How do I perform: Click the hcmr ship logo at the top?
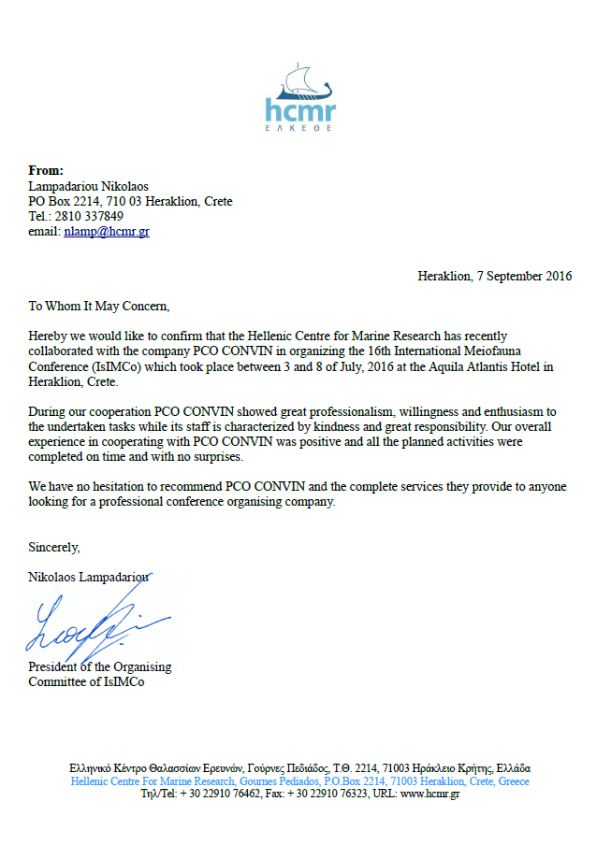tap(299, 96)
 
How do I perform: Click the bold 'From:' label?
tap(46, 171)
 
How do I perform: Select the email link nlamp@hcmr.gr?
tap(107, 232)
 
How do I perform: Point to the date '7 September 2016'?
tap(525, 276)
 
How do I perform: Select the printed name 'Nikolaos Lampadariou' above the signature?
tap(89, 577)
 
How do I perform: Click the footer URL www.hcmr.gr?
tap(429, 794)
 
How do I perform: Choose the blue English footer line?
tap(299, 781)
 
